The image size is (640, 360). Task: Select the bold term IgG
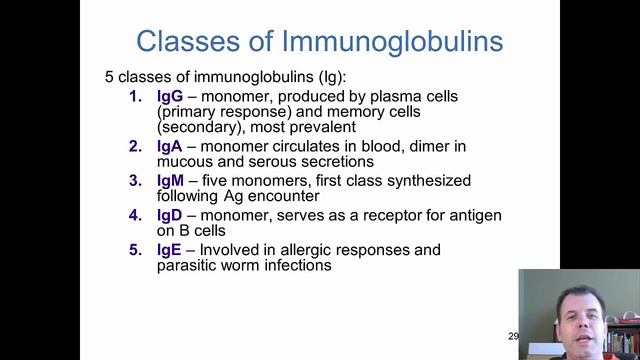(x=170, y=97)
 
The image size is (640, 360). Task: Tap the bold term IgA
(x=170, y=146)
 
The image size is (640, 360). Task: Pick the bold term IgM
(x=171, y=181)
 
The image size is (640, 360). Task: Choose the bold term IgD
(x=171, y=216)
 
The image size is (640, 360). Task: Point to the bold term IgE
(x=170, y=250)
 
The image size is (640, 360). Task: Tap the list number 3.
(x=136, y=181)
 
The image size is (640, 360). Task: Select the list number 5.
(x=136, y=250)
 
